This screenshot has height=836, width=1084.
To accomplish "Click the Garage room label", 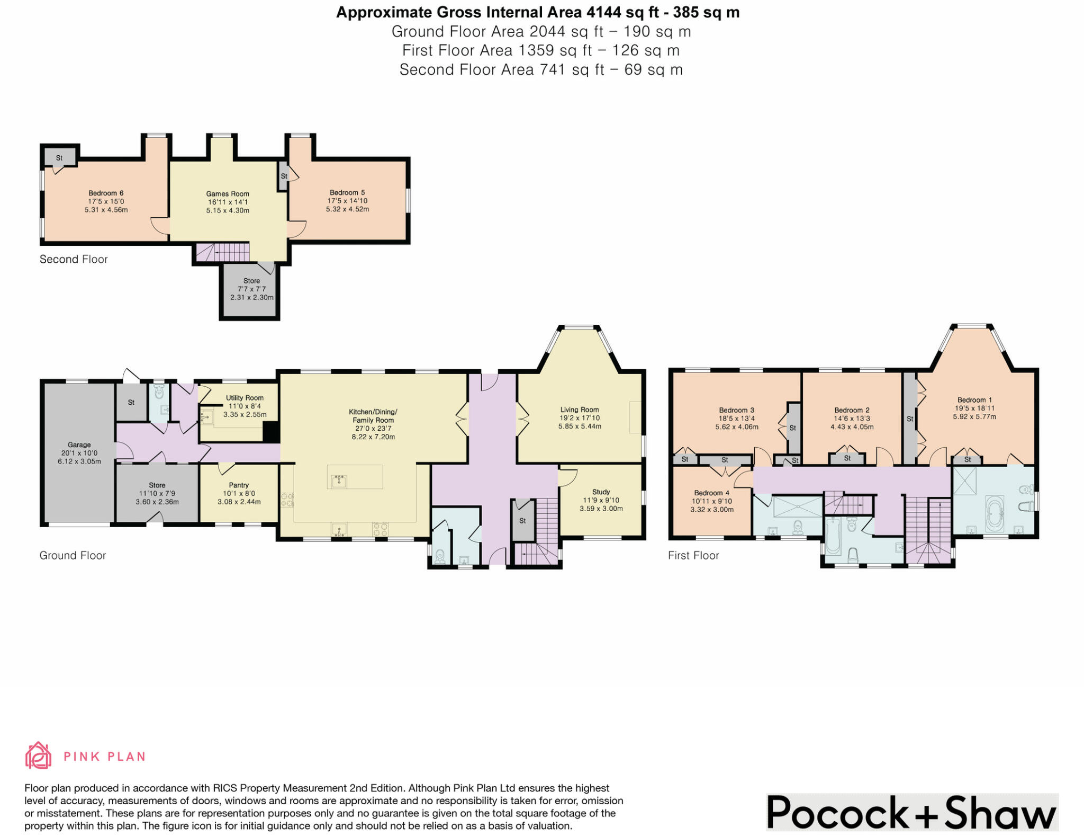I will coord(79,445).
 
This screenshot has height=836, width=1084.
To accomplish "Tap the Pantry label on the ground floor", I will coord(239,485).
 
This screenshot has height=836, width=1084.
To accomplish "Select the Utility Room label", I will coord(245,398).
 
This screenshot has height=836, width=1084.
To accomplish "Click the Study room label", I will coord(601,492).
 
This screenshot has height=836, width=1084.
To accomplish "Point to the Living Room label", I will coord(580,410).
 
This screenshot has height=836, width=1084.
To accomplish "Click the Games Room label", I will coord(228,194).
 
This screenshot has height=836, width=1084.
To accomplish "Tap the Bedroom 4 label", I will coord(711,493).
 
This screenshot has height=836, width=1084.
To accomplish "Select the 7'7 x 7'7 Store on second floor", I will coord(251,289).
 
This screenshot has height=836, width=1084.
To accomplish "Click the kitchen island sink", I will coord(339,481).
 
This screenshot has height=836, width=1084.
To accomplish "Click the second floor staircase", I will coord(222,252).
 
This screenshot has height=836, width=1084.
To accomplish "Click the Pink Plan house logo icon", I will coord(38,755).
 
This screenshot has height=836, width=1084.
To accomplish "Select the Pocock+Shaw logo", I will coord(911,812).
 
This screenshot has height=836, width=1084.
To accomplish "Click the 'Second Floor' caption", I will coord(74,259).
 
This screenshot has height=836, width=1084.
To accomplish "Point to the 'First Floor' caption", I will coord(693,555).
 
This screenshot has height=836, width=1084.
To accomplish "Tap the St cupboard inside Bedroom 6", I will coord(59,157).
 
